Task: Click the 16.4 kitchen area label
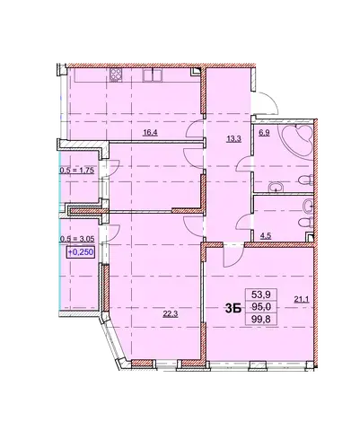[150, 133]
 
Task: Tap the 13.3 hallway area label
[234, 138]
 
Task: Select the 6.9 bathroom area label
[265, 132]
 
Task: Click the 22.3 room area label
[170, 314]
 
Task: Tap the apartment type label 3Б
[233, 309]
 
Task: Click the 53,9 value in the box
[261, 295]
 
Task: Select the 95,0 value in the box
[261, 307]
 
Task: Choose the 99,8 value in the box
[261, 320]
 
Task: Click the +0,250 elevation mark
[81, 252]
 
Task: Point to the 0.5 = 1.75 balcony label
[77, 171]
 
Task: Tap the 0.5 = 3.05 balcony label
[77, 239]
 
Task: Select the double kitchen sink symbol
[153, 75]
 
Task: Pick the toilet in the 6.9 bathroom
[305, 180]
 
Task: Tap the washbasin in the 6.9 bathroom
[275, 187]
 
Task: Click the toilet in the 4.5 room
[306, 223]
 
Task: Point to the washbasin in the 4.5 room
[308, 206]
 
